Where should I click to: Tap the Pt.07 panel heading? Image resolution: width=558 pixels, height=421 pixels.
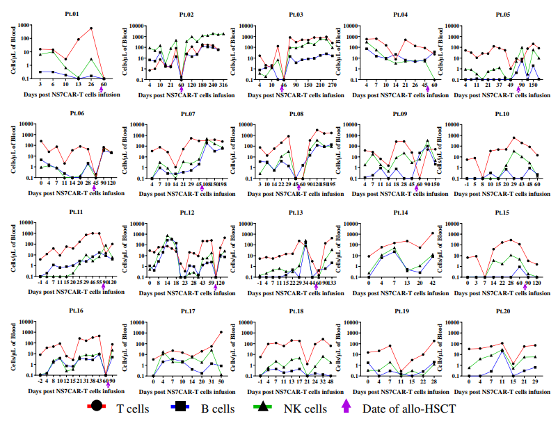pyautogui.click(x=182, y=113)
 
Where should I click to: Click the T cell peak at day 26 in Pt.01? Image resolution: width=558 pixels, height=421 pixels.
pyautogui.click(x=91, y=28)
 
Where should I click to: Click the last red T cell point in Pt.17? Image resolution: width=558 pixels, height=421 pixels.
pyautogui.click(x=222, y=332)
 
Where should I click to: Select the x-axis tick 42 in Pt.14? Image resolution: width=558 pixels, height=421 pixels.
pyautogui.click(x=432, y=284)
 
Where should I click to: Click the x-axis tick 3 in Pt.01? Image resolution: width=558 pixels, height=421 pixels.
pyautogui.click(x=42, y=85)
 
